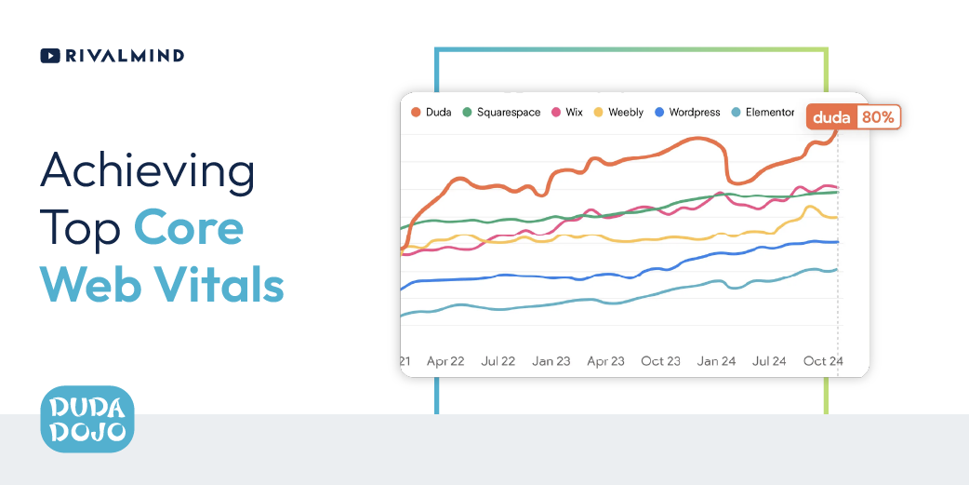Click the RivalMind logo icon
[x=50, y=56]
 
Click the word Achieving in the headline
[x=147, y=171]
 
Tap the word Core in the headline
[x=189, y=227]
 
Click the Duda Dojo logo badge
[x=87, y=419]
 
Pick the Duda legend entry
[x=431, y=113]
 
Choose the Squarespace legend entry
[x=501, y=113]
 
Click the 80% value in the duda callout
[x=878, y=117]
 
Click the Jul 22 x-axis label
[x=498, y=361]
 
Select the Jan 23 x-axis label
[x=551, y=361]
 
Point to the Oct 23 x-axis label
[x=660, y=361]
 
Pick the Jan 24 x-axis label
[x=716, y=361]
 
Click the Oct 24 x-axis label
[x=823, y=361]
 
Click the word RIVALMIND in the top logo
[x=125, y=56]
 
